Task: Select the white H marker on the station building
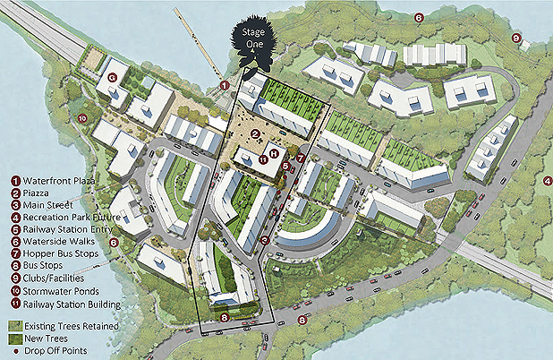(x=274, y=156)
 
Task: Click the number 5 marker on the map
(x=285, y=166)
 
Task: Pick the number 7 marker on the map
(x=301, y=159)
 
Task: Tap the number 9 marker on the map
(x=515, y=38)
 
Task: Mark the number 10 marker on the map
(x=82, y=117)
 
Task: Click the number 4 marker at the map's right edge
(x=547, y=182)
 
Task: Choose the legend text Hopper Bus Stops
(x=64, y=253)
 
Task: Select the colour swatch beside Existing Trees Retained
(x=14, y=327)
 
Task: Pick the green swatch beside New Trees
(x=14, y=339)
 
